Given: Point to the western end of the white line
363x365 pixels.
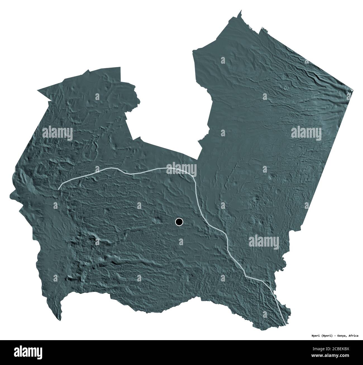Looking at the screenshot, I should (58, 189).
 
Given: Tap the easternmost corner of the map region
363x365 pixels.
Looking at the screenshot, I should (353, 90).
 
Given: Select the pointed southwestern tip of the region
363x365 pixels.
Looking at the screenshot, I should (60, 321).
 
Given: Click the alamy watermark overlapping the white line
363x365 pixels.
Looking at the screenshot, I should (181, 169).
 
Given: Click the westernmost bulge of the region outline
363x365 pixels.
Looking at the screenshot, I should (11, 195).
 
